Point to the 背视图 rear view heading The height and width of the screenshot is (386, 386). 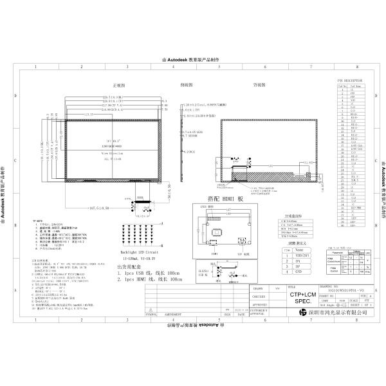[259, 84]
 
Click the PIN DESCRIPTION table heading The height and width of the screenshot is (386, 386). [350, 80]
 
